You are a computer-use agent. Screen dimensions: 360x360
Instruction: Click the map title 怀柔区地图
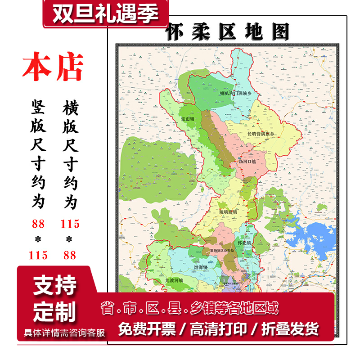tap(227, 32)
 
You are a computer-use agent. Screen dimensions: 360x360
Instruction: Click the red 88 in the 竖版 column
tap(39, 224)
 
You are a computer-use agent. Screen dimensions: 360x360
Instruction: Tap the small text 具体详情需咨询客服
tap(64, 333)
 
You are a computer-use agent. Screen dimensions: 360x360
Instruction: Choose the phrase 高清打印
tap(218, 329)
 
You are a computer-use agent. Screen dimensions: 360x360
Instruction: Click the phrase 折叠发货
tap(289, 329)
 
